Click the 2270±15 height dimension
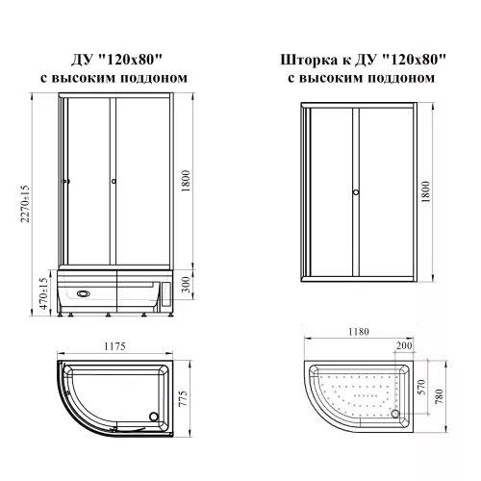coord(25,204)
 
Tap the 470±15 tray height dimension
coord(44,293)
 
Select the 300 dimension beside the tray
coord(186,285)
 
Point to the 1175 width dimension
coord(114,346)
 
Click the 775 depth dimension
coord(183,398)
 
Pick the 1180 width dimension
coord(359,332)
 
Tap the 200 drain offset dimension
coord(404,345)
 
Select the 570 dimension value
coord(422,387)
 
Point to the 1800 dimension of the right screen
coord(425,191)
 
